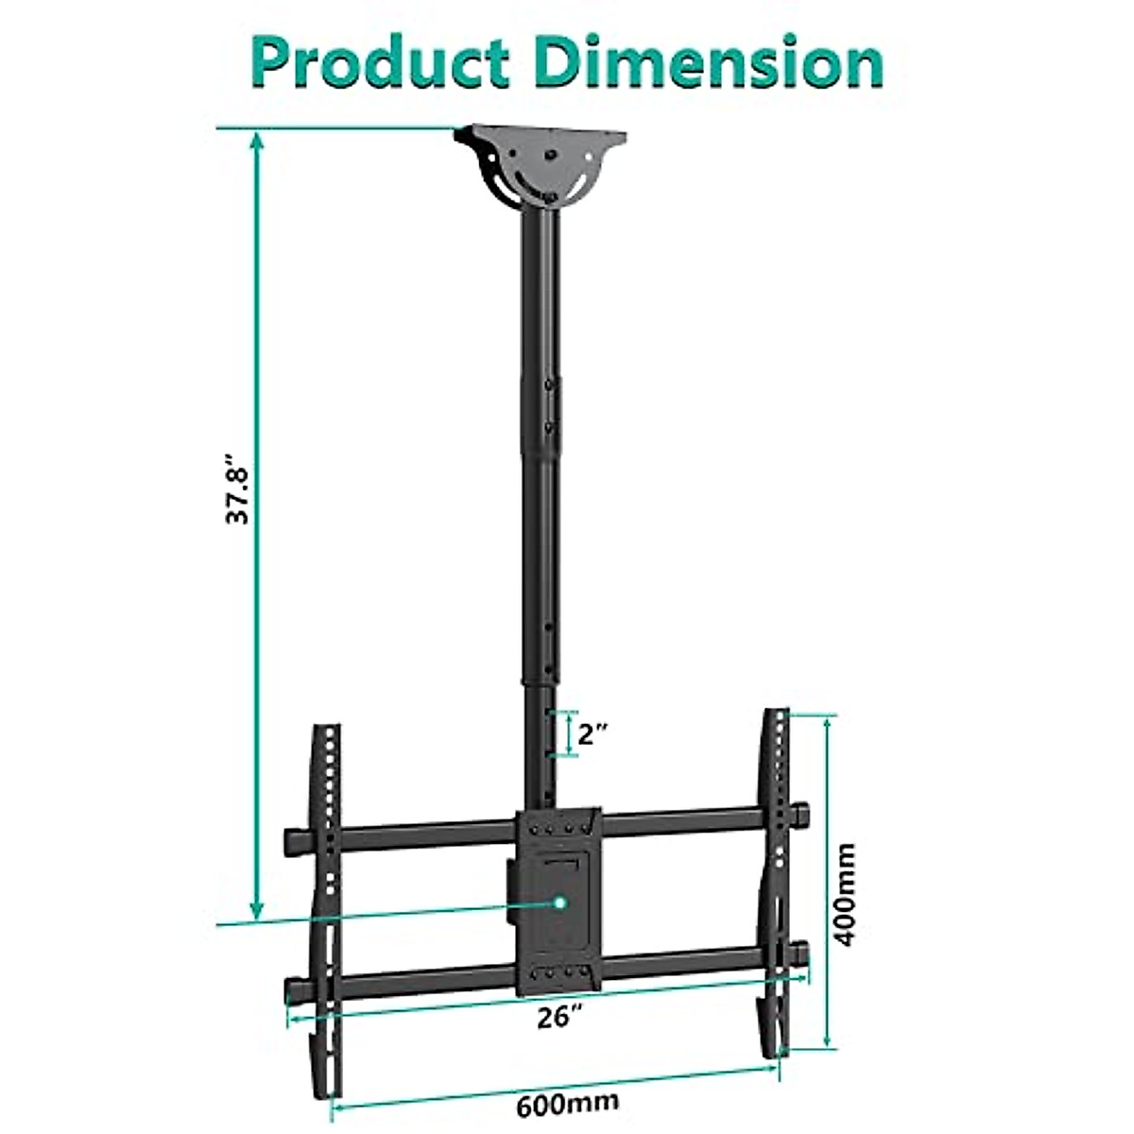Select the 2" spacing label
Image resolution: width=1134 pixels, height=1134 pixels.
[x=593, y=734]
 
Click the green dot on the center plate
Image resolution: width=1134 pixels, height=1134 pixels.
[x=561, y=902]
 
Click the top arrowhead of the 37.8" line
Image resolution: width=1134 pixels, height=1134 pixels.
[x=255, y=137]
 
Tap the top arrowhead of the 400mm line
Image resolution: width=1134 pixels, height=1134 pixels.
[x=828, y=721]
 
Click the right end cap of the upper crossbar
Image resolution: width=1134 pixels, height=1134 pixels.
[x=801, y=812]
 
